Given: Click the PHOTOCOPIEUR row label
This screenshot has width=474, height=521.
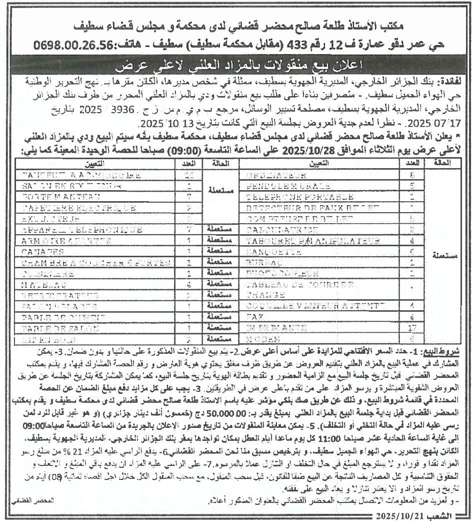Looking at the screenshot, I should click(x=283, y=274).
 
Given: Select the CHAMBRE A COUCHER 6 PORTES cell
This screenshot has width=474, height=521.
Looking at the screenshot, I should click(x=85, y=262).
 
